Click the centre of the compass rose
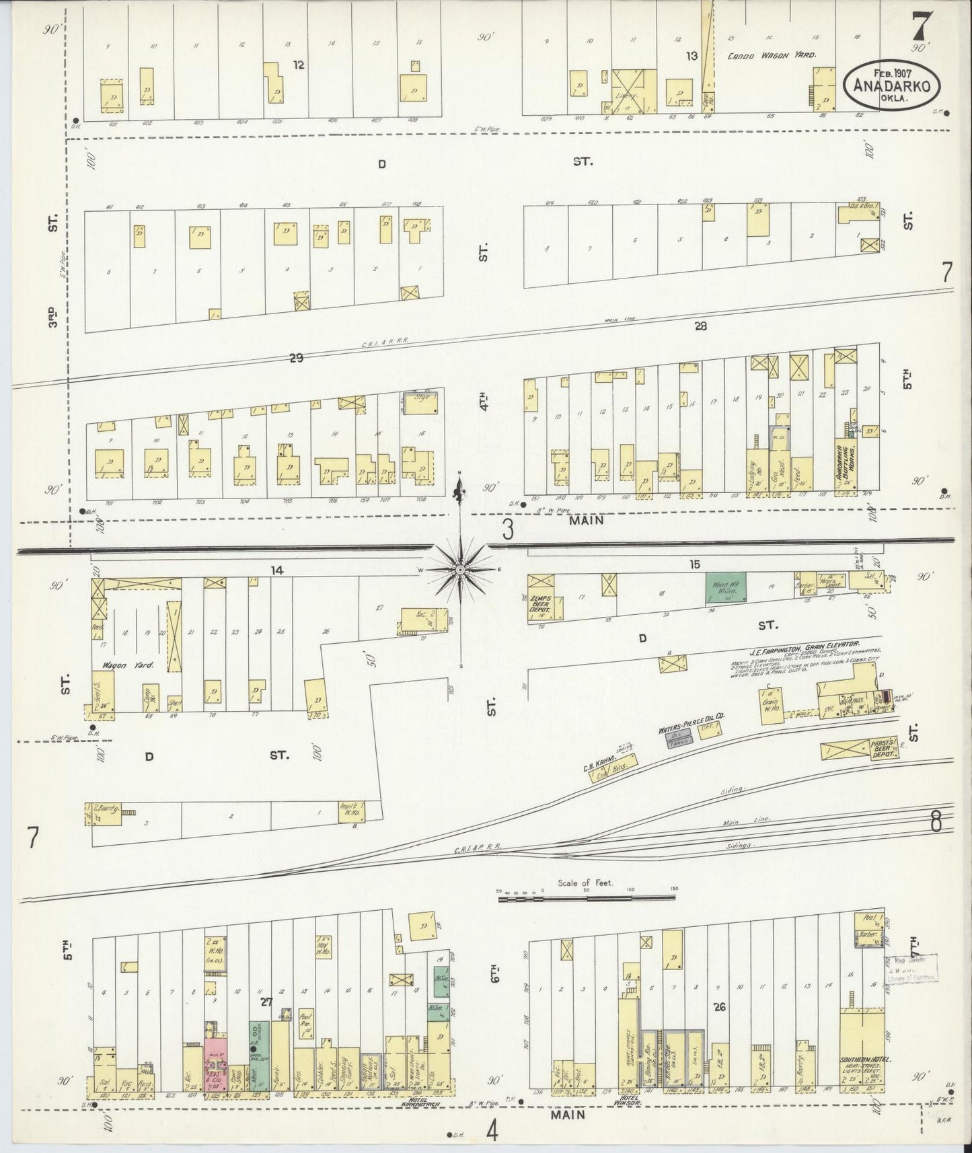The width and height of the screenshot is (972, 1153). (x=460, y=569)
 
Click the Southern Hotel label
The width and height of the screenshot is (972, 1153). (x=865, y=1059)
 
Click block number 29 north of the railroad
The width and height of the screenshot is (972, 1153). (x=295, y=358)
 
